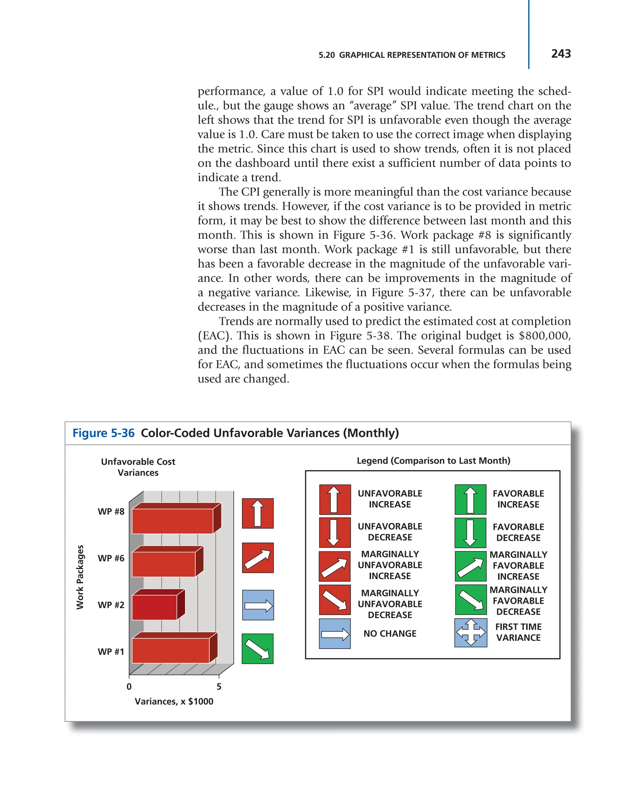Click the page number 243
tap(561, 54)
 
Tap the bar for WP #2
tap(154, 607)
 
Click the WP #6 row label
tap(111, 558)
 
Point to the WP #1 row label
tap(111, 651)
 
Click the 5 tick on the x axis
tap(219, 686)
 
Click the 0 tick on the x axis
tap(129, 686)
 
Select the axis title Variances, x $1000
tap(174, 701)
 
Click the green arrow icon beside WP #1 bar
tap(257, 649)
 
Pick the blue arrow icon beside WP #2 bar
tap(258, 605)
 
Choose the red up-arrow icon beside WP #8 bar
tap(257, 513)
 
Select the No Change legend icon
tap(334, 634)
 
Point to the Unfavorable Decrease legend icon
tap(334, 532)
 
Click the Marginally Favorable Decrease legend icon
tap(470, 599)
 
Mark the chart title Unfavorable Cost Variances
tap(138, 467)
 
